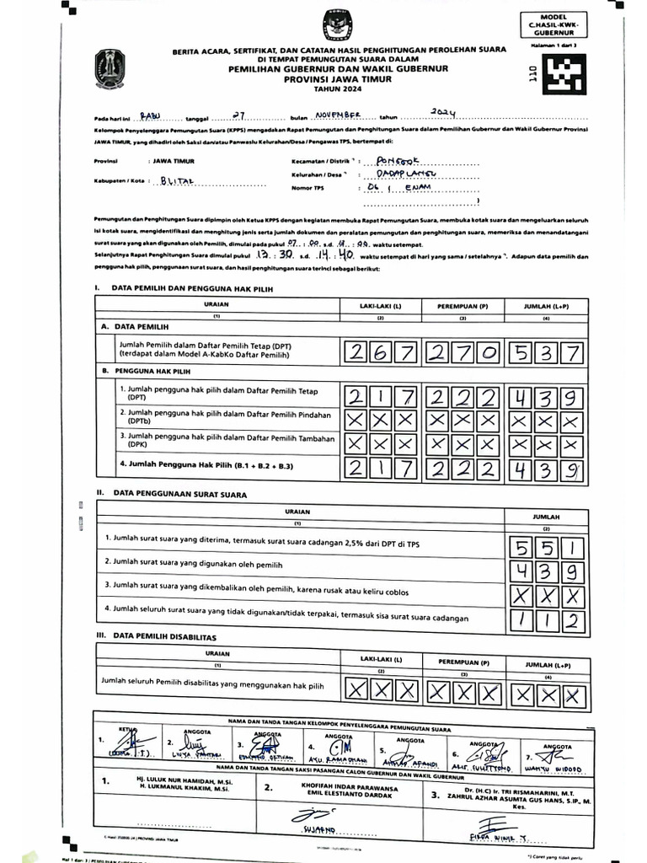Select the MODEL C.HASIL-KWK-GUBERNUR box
(559, 25)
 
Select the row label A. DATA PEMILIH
(138, 325)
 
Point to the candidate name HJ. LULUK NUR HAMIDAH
(176, 781)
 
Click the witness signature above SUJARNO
(309, 815)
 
